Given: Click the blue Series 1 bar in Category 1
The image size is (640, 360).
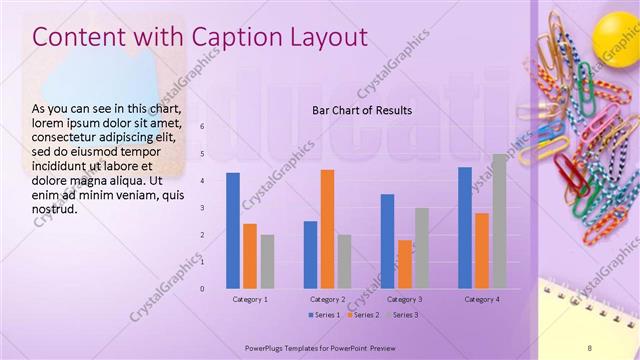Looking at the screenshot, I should (x=233, y=230).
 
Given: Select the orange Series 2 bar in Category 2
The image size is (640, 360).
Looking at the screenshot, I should (x=327, y=229).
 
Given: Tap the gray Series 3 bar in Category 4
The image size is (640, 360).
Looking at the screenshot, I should (x=499, y=221).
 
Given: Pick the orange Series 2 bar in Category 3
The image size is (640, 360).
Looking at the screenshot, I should (x=404, y=264).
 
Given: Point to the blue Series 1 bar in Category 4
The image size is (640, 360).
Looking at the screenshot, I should (x=465, y=227).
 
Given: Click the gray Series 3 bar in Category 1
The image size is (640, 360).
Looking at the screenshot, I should (x=267, y=261).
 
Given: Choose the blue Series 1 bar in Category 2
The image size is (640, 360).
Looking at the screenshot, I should (x=310, y=254).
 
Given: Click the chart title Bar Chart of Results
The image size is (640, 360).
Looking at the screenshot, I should (x=362, y=110).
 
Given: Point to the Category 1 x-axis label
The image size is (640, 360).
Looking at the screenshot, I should (x=250, y=299).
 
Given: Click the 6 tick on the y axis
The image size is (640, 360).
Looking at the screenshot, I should (x=203, y=127).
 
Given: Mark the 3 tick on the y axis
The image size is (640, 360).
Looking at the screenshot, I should (x=203, y=208).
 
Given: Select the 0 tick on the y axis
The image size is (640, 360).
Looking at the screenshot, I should (x=203, y=289).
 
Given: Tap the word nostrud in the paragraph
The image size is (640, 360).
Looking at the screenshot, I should (x=54, y=208).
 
